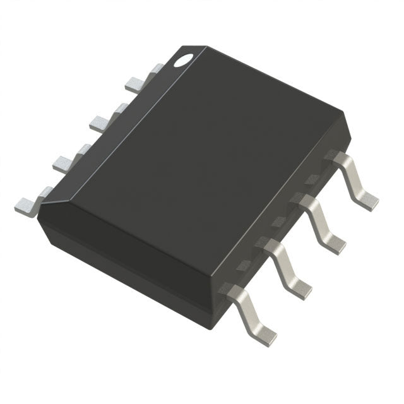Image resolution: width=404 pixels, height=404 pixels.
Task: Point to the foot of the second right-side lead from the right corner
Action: (x=335, y=244)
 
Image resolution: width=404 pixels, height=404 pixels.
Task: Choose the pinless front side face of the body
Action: (x=126, y=265)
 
